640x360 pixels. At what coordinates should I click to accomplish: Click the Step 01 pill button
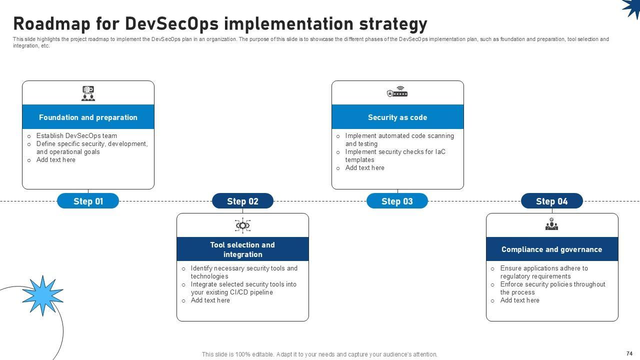(x=88, y=201)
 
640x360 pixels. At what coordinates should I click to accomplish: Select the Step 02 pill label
(x=242, y=201)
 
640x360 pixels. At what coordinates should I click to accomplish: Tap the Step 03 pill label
(x=397, y=201)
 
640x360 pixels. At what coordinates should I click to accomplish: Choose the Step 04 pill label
(x=551, y=201)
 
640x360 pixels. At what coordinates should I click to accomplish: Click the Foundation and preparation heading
(x=88, y=117)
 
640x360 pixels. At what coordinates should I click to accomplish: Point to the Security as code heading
(x=397, y=117)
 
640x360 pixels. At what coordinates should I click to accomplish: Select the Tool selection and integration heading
(x=242, y=249)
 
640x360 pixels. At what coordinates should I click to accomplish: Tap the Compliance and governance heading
(x=551, y=249)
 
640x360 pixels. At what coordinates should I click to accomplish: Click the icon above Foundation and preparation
(x=88, y=93)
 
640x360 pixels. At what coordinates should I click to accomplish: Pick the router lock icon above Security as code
(x=397, y=92)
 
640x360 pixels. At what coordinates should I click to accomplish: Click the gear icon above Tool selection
(x=242, y=225)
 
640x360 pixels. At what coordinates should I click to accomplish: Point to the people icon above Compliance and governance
(x=551, y=224)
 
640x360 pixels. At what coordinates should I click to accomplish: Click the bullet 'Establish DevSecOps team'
(x=76, y=135)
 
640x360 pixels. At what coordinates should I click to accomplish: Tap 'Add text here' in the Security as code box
(x=364, y=168)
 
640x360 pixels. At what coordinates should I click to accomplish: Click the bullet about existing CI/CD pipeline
(x=243, y=288)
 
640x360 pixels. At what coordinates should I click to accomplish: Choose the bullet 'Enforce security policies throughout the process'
(x=552, y=288)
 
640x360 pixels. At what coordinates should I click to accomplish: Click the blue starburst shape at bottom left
(x=42, y=295)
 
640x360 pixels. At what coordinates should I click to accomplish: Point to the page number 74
(x=629, y=353)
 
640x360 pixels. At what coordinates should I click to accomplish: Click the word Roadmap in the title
(x=54, y=23)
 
